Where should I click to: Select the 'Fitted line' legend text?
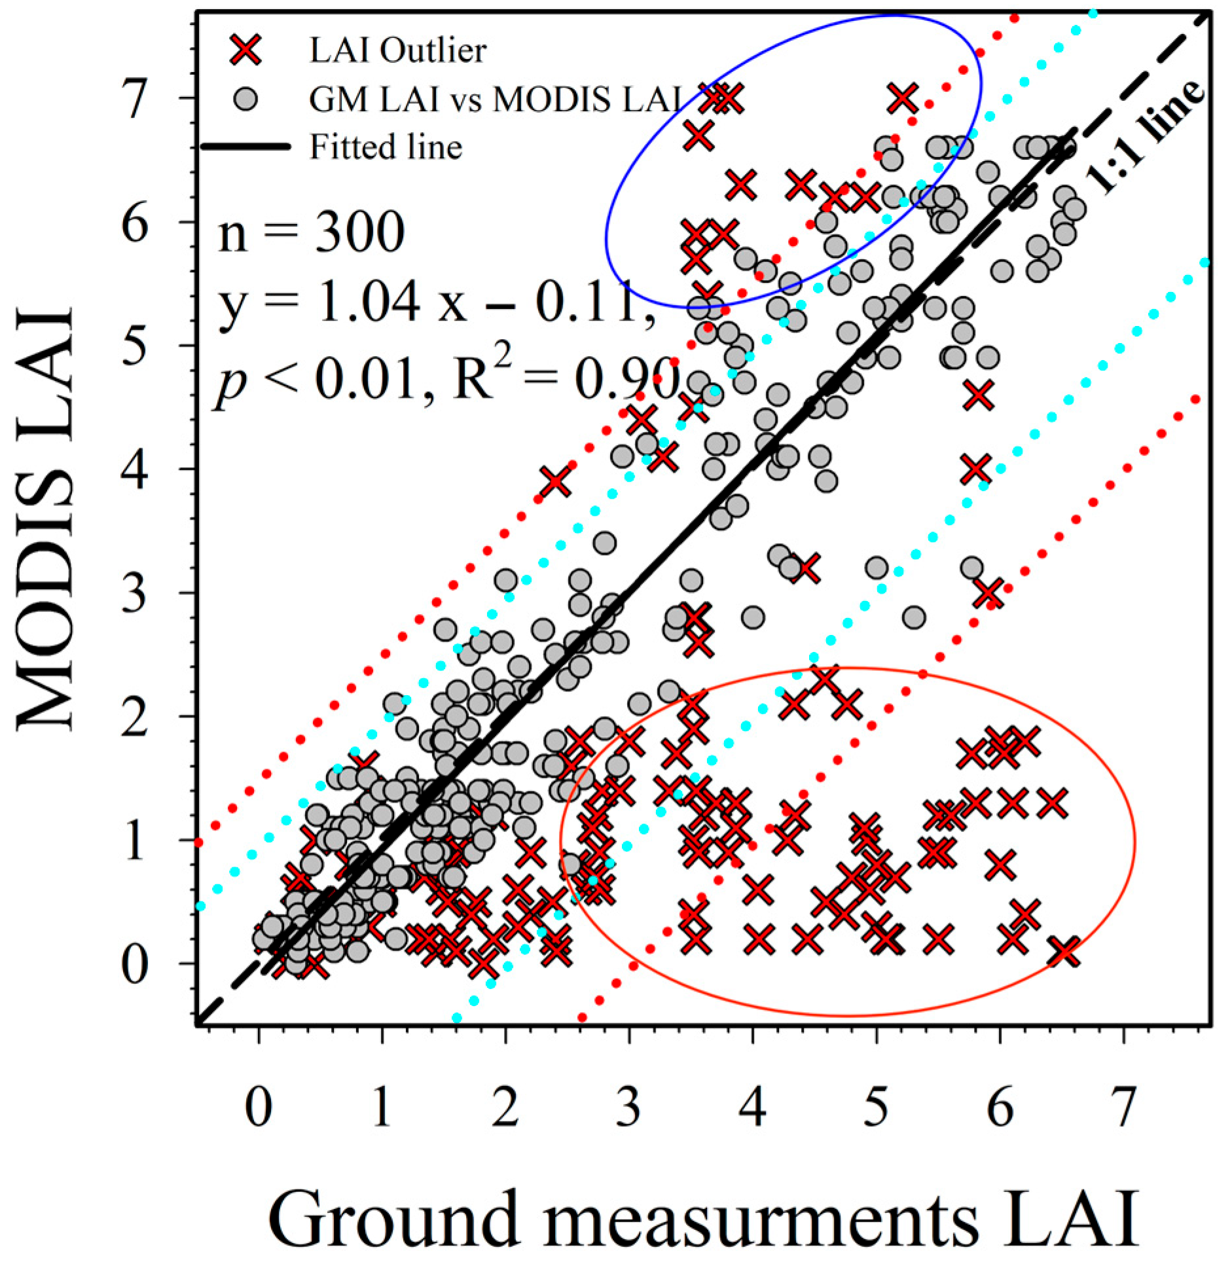pyautogui.click(x=386, y=147)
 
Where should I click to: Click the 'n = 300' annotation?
pyautogui.click(x=311, y=234)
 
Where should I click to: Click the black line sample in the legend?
pyautogui.click(x=245, y=147)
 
